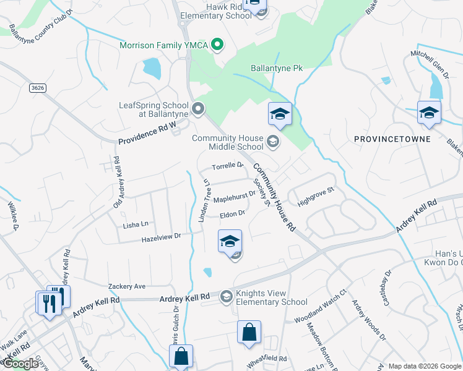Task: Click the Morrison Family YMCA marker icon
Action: [217, 45]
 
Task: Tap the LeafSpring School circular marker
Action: [198, 110]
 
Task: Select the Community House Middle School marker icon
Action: [272, 143]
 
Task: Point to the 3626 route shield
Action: [38, 88]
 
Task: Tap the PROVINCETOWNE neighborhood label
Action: [392, 139]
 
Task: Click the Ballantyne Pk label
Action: [276, 68]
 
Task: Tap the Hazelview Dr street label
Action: [160, 236]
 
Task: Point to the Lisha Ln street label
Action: [136, 224]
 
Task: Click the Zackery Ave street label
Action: [126, 286]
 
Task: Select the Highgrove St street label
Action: [316, 197]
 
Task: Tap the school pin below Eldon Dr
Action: [230, 241]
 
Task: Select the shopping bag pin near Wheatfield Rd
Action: [249, 333]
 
